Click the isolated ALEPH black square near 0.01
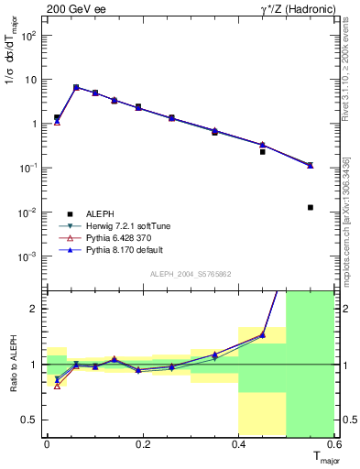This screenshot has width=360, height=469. pos(311,207)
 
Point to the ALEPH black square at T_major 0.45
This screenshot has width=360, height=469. pos(263,151)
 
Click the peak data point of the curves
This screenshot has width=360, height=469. pos(76,87)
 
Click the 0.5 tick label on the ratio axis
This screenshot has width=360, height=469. pos(31,420)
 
